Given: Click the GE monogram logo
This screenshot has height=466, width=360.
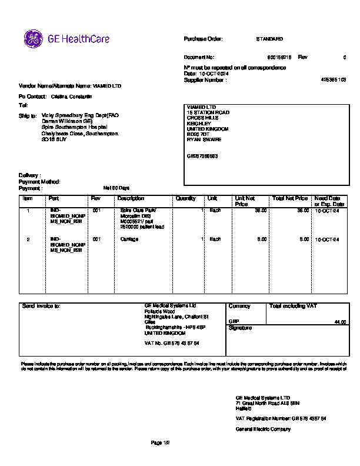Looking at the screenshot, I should (x=34, y=39).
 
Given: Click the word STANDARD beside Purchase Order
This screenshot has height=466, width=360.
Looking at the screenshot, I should (x=269, y=39).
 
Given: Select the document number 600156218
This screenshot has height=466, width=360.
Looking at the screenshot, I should (x=279, y=58).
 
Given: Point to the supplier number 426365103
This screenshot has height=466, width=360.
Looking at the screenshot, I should (x=333, y=79).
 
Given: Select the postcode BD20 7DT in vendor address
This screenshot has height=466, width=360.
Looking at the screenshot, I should (x=198, y=134).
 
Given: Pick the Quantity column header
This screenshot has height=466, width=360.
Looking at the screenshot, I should (x=186, y=199).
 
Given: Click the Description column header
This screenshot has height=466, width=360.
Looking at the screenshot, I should (x=131, y=199).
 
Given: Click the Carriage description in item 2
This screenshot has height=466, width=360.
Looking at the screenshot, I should (x=129, y=239).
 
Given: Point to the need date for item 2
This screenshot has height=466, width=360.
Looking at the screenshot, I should (x=326, y=239).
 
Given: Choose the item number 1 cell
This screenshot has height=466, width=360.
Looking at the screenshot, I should (x=28, y=210).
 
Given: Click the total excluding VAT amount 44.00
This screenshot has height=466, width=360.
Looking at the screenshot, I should (x=339, y=322).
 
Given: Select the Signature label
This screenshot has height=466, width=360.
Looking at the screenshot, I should (x=240, y=328).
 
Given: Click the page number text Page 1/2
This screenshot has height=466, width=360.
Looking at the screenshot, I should (x=160, y=442).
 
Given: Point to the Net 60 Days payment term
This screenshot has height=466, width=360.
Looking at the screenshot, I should (x=116, y=188).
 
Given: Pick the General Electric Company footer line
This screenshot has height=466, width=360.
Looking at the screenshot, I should (x=263, y=430).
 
